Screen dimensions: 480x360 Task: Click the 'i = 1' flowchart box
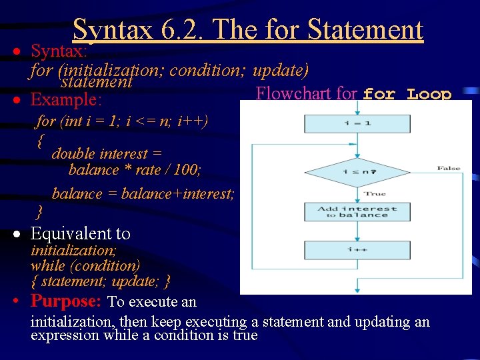click(357, 124)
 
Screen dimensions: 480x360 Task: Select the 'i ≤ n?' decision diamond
click(358, 172)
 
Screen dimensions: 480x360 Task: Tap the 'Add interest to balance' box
click(357, 211)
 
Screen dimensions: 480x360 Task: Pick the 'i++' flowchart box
click(357, 250)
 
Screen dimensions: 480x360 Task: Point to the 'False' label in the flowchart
click(449, 169)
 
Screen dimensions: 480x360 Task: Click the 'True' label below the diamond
click(375, 194)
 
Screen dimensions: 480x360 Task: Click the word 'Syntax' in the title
click(113, 30)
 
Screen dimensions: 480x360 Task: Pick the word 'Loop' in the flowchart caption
click(429, 95)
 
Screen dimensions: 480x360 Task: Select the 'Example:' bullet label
click(66, 100)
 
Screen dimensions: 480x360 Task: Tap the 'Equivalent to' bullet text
click(80, 233)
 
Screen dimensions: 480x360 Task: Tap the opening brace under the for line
click(41, 140)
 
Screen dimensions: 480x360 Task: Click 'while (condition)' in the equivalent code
click(85, 265)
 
